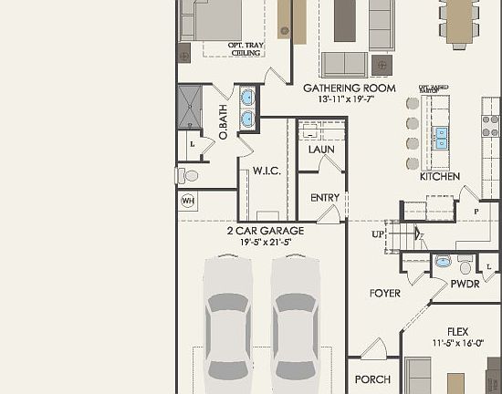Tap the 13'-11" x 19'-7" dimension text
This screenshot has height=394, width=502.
click(x=348, y=99)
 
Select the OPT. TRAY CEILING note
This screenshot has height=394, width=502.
click(x=220, y=48)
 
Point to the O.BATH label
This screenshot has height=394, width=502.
click(x=223, y=121)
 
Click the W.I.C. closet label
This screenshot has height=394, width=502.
click(x=266, y=171)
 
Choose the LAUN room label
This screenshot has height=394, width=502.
click(x=320, y=149)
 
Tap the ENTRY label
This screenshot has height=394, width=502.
click(x=324, y=198)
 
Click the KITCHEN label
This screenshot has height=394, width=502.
click(x=439, y=176)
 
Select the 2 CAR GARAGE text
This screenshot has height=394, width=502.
click(x=265, y=231)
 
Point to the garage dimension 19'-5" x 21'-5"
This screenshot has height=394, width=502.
click(x=265, y=243)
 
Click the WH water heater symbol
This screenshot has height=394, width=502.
click(x=188, y=201)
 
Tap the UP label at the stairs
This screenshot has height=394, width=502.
click(x=379, y=234)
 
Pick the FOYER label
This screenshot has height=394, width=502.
click(x=384, y=293)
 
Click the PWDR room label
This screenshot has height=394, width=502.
click(x=465, y=285)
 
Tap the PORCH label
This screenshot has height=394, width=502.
click(x=371, y=379)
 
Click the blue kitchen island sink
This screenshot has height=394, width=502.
click(x=442, y=137)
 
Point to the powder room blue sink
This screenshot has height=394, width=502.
click(x=443, y=262)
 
